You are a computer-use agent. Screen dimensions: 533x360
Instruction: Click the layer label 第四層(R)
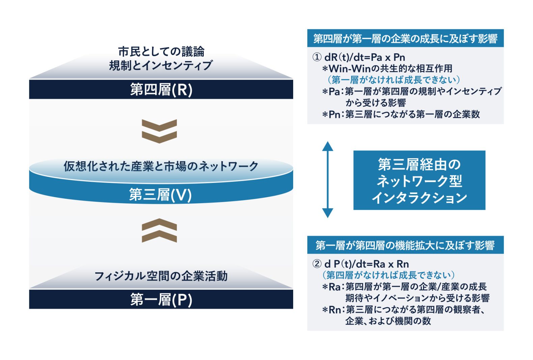pyautogui.click(x=161, y=90)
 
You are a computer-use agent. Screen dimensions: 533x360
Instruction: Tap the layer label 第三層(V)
pyautogui.click(x=160, y=195)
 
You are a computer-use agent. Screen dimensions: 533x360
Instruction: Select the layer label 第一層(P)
pyautogui.click(x=161, y=300)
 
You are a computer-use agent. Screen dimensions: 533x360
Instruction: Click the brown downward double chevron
pyautogui.click(x=159, y=131)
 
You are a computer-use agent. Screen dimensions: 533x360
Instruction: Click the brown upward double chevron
pyautogui.click(x=159, y=230)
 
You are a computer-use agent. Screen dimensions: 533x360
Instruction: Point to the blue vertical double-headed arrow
pyautogui.click(x=328, y=179)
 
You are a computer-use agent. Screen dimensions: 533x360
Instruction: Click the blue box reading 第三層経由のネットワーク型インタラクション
pyautogui.click(x=419, y=180)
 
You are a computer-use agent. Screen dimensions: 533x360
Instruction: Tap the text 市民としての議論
pyautogui.click(x=161, y=52)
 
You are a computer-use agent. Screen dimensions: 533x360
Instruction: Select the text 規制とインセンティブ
pyautogui.click(x=161, y=65)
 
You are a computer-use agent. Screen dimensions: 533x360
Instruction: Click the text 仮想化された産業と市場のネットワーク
pyautogui.click(x=161, y=166)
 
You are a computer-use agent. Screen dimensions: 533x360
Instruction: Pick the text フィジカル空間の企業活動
pyautogui.click(x=161, y=276)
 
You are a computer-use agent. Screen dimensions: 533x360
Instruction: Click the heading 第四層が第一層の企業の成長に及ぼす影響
pyautogui.click(x=405, y=38)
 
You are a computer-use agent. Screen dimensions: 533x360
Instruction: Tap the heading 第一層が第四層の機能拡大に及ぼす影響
pyautogui.click(x=405, y=245)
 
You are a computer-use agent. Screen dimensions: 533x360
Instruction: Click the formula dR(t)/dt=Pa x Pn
pyautogui.click(x=365, y=57)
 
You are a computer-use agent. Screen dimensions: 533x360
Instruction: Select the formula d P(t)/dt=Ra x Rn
pyautogui.click(x=367, y=264)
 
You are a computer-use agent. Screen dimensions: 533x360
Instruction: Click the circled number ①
pyautogui.click(x=317, y=57)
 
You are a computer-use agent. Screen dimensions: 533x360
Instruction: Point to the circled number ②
pyautogui.click(x=317, y=264)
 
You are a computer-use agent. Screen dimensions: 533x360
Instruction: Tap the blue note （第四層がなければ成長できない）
pyautogui.click(x=388, y=275)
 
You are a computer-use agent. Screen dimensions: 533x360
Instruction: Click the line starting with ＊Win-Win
pyautogui.click(x=387, y=69)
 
